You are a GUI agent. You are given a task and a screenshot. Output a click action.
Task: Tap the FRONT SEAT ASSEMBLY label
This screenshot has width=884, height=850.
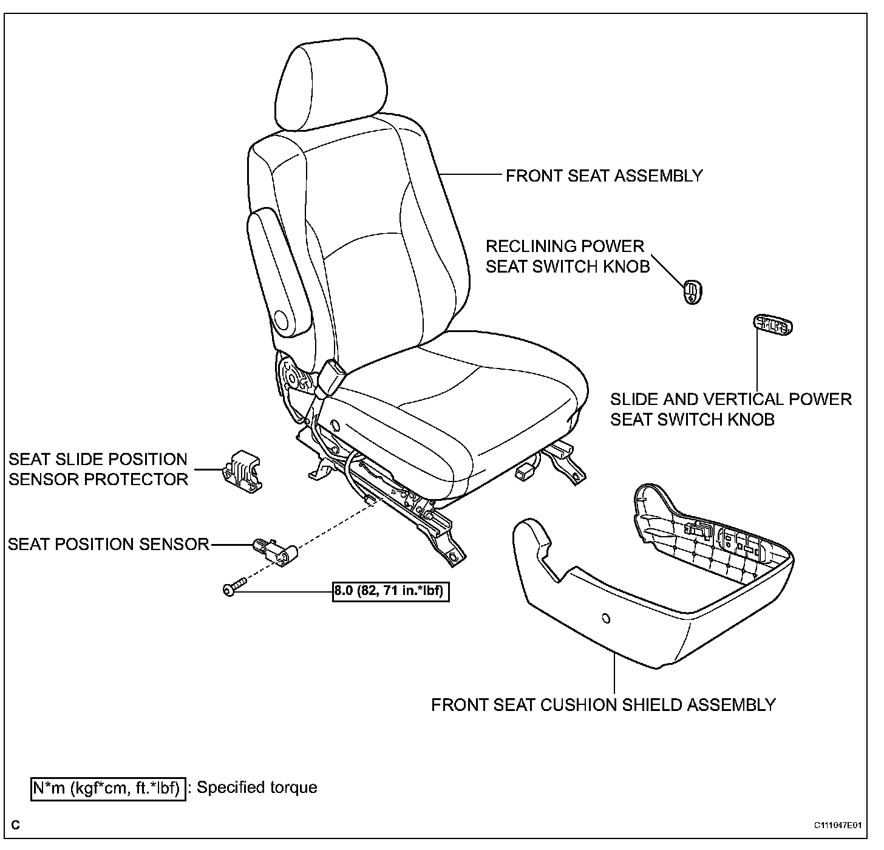coord(604,176)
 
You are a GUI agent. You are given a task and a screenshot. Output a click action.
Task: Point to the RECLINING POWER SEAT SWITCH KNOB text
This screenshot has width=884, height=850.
coord(567,256)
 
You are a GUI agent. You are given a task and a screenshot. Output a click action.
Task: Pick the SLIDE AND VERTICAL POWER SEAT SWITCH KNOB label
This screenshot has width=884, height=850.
coord(730,409)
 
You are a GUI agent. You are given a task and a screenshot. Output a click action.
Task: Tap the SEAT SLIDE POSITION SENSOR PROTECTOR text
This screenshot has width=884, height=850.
coord(98,469)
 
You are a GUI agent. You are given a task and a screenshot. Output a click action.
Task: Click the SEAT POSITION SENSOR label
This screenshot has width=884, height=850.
coord(109,544)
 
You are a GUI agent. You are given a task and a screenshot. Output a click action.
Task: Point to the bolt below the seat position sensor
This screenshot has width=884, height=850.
coord(234,588)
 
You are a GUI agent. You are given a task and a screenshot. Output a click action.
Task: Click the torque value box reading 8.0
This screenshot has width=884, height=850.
coord(391,590)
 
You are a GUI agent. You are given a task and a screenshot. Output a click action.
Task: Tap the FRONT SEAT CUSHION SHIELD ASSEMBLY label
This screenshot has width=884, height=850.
coord(603,705)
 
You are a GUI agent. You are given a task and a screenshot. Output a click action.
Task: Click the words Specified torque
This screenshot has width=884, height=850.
coord(257,788)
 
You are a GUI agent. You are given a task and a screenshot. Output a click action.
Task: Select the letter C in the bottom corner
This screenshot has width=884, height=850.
coord(15,826)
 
